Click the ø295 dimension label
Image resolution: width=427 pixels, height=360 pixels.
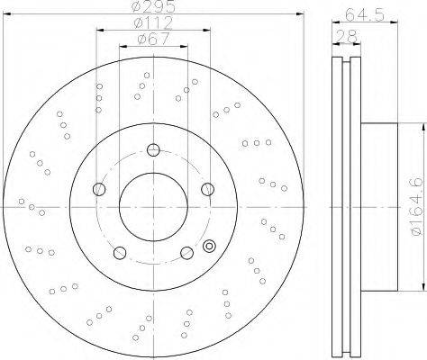153,6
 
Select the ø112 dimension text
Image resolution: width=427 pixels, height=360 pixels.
153,22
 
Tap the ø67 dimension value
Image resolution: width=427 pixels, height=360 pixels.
153,39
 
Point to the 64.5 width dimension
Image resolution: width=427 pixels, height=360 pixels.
365,14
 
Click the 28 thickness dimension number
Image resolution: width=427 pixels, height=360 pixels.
347,36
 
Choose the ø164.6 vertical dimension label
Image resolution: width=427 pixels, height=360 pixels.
418,207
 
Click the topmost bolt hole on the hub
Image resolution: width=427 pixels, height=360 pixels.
153,150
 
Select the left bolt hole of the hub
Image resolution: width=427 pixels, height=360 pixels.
99,189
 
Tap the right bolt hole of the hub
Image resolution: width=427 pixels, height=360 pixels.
208,189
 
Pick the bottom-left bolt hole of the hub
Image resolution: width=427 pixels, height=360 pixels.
120,253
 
